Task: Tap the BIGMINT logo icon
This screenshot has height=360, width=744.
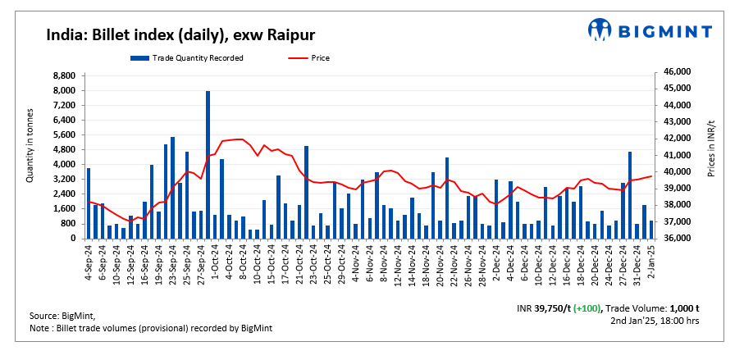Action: coord(600,30)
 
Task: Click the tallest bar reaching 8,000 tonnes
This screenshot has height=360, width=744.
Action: coord(208,164)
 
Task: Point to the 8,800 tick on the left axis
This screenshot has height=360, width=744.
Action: coord(64,75)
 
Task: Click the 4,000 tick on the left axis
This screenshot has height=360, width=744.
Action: coord(64,164)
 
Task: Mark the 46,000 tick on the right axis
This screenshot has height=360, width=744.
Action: coord(674,72)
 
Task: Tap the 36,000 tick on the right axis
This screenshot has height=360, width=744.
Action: coord(674,239)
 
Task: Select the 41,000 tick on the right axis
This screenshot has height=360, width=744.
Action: coord(674,155)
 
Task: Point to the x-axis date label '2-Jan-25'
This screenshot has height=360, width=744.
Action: coord(651,263)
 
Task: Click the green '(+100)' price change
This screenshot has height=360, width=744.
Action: coord(587,308)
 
